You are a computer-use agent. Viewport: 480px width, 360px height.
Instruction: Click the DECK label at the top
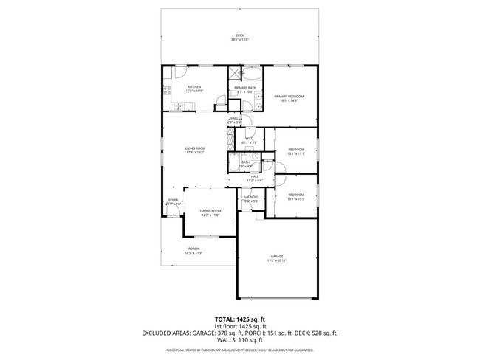click(x=239, y=35)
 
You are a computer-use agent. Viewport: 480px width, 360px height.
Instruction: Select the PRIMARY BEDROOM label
click(x=289, y=97)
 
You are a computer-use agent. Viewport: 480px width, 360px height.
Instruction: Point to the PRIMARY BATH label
click(x=245, y=88)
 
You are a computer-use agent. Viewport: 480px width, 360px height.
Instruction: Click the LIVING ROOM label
click(x=195, y=148)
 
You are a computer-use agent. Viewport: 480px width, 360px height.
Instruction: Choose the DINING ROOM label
click(x=210, y=211)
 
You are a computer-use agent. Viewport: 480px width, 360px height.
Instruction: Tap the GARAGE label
click(x=276, y=257)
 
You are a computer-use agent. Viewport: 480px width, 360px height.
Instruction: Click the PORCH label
click(x=193, y=249)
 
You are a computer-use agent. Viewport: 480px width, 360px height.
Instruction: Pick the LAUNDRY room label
click(x=251, y=198)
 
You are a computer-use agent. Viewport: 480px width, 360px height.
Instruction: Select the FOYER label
click(x=173, y=200)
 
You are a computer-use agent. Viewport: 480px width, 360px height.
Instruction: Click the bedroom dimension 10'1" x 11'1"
click(x=295, y=154)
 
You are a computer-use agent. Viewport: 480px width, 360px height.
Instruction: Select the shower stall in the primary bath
click(x=235, y=73)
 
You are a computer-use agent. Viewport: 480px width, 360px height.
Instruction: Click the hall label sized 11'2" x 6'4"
click(x=253, y=177)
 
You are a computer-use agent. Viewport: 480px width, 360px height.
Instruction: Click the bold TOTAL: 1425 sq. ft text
click(x=240, y=319)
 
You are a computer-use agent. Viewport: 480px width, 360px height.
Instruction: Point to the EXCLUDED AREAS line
click(x=240, y=333)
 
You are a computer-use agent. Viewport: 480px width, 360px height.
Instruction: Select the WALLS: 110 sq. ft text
click(x=240, y=341)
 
